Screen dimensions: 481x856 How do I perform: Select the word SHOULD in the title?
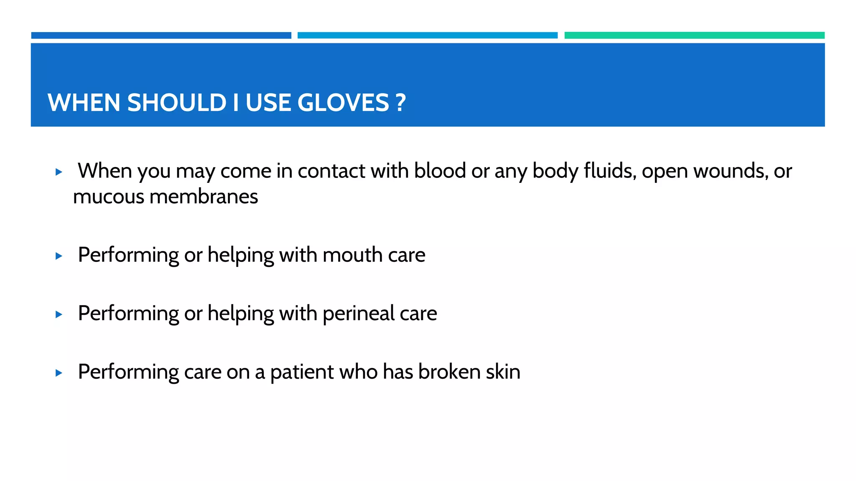(176, 103)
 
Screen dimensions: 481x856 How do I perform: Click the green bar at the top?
(694, 35)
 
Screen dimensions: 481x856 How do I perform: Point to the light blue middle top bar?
(427, 35)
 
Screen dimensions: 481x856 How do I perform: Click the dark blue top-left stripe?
(161, 35)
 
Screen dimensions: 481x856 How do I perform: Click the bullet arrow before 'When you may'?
(59, 172)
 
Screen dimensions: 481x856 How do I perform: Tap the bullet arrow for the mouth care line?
(59, 256)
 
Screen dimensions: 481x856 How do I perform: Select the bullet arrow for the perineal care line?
(59, 314)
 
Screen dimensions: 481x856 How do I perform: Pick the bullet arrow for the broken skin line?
(59, 373)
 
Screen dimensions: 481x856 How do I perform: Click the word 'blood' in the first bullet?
(440, 171)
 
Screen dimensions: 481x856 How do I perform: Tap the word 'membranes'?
(204, 197)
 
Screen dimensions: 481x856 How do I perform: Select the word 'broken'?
(449, 372)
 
